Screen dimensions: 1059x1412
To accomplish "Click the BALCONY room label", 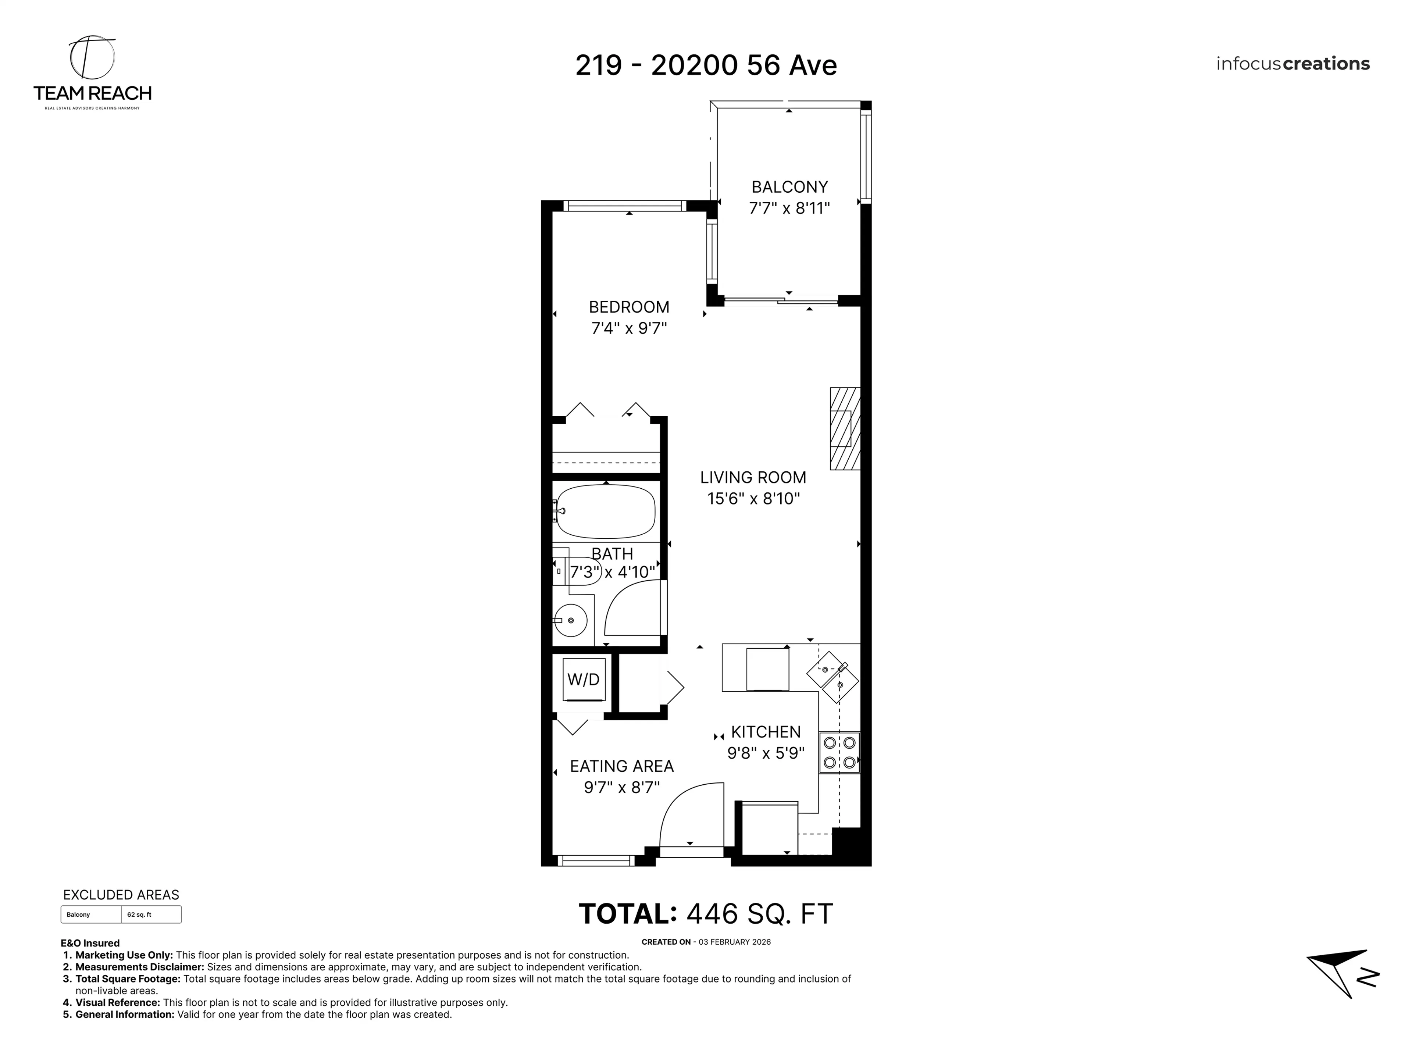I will pos(789,187).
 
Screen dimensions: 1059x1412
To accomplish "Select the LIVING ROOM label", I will pos(753,478).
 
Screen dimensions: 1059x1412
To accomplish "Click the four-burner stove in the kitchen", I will pos(839,753).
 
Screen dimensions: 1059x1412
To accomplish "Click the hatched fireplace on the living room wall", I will pos(845,428).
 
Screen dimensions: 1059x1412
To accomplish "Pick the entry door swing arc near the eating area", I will pos(689,814).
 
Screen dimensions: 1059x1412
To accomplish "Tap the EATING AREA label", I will pos(622,766).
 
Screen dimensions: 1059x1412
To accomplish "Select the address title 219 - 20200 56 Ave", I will pos(706,65).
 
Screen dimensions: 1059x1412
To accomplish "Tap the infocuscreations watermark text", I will pos(1292,64).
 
